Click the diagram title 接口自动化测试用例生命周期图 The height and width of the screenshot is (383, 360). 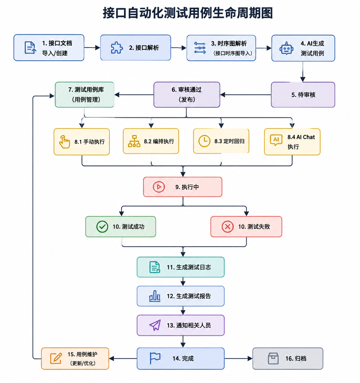click(187, 13)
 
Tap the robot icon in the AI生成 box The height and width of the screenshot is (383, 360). click(287, 48)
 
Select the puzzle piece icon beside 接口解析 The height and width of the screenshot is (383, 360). click(117, 47)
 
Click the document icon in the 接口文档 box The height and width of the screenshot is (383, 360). click(30, 47)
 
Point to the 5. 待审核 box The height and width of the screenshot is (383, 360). click(303, 95)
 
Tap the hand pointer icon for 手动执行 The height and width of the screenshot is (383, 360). click(65, 142)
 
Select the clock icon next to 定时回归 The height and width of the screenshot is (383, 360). click(204, 141)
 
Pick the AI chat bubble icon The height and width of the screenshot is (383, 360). click(276, 140)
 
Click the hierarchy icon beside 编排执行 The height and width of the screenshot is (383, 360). click(134, 141)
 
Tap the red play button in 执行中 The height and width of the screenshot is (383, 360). click(159, 187)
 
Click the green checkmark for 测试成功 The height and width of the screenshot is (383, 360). click(102, 227)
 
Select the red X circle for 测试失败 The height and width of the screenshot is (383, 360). click(228, 227)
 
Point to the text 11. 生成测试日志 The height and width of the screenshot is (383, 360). click(189, 267)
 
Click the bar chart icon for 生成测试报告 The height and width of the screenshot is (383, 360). click(155, 296)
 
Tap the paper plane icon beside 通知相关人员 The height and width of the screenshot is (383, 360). click(155, 325)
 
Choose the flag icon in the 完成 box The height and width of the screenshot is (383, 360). click(155, 358)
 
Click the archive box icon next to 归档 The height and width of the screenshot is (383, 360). click(273, 358)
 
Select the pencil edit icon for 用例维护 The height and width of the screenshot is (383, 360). click(56, 358)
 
